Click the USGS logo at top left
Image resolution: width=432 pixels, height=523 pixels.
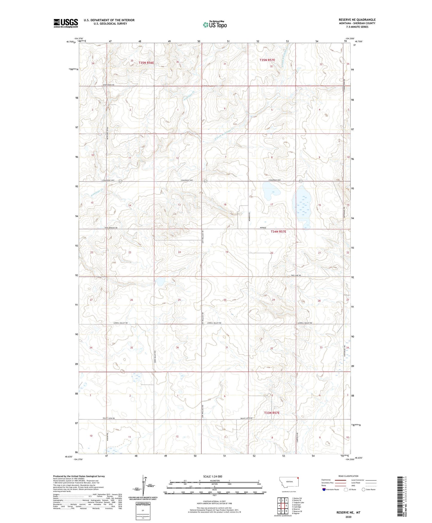[x=65, y=23]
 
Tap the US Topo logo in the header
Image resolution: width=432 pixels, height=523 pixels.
[x=215, y=25]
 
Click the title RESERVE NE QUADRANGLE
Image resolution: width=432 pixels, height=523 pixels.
[x=357, y=20]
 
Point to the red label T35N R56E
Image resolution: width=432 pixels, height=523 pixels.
[x=146, y=63]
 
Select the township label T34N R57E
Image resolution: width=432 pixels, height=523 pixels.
[x=278, y=232]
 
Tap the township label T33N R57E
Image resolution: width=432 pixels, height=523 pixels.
[x=271, y=413]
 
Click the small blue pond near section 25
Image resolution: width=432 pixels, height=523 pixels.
[x=159, y=282]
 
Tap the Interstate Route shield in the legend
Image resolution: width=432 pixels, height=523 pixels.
[x=324, y=489]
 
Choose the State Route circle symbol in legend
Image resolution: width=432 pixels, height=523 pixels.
[x=364, y=489]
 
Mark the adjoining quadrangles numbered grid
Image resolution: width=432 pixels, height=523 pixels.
[x=283, y=506]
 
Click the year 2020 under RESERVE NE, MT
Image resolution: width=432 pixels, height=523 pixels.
[x=348, y=517]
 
